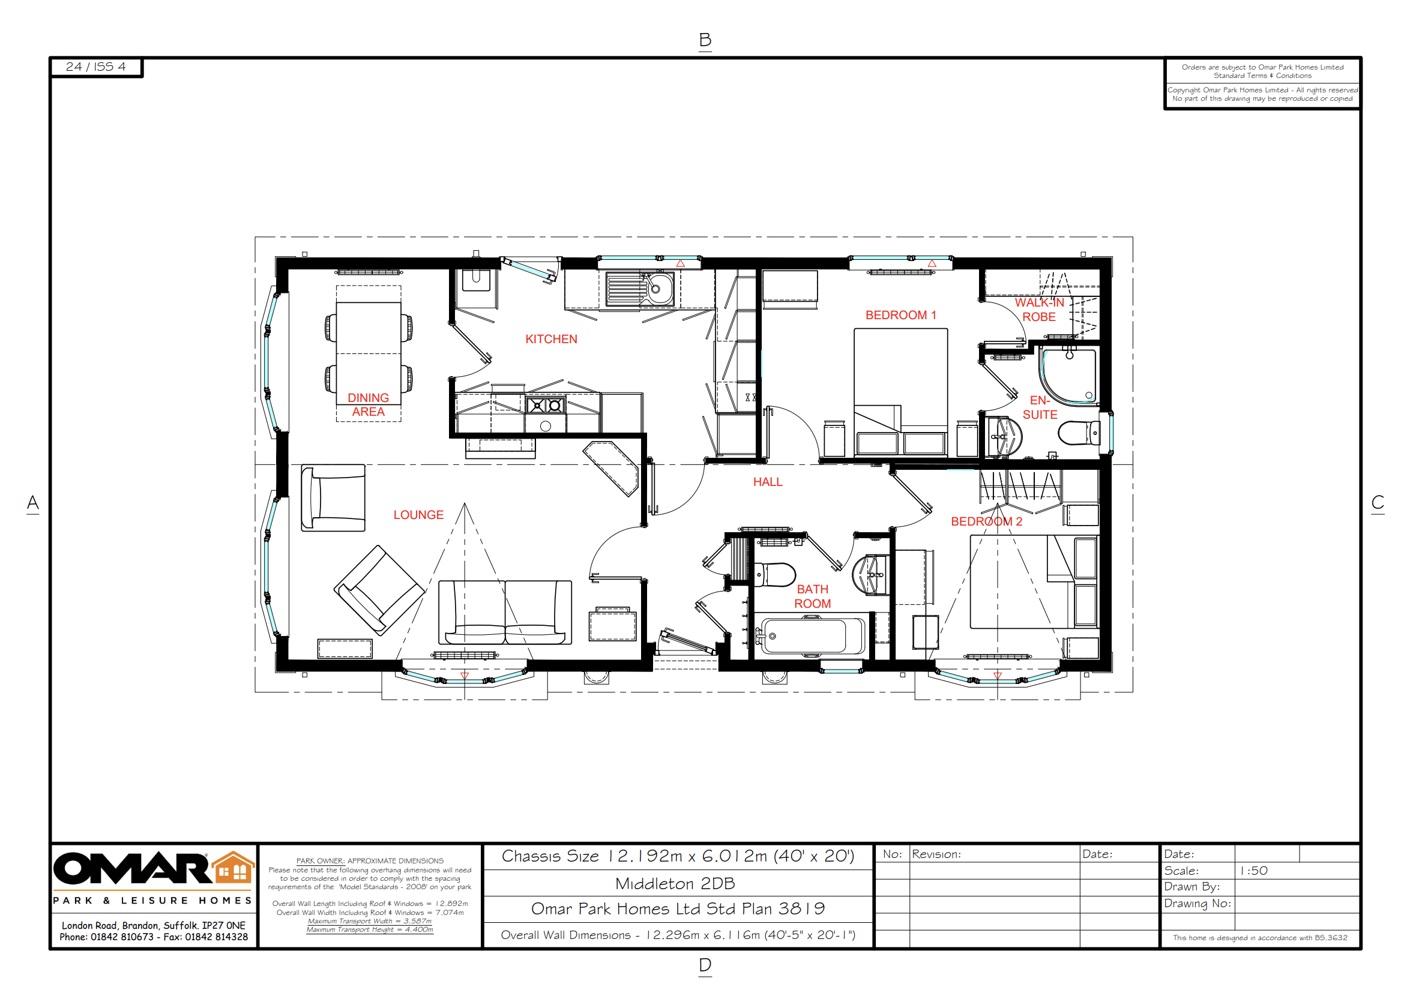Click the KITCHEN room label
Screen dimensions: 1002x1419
coord(550,339)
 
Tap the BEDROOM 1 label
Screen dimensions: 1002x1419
coord(900,315)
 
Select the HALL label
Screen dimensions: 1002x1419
coord(767,482)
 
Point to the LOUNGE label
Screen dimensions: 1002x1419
coord(418,515)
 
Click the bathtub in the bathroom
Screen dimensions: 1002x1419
coord(806,635)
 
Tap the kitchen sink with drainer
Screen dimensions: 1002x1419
coord(640,289)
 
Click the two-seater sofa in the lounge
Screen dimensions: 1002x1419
coord(505,613)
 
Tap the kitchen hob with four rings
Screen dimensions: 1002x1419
coord(546,405)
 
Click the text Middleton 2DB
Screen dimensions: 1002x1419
coord(675,883)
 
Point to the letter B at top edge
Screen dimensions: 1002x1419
coord(705,40)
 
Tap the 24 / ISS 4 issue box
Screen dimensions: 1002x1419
coord(96,67)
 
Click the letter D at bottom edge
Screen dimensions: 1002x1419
coord(705,964)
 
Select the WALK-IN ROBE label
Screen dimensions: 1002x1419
coord(1039,310)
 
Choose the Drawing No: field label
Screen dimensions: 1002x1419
coord(1196,903)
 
